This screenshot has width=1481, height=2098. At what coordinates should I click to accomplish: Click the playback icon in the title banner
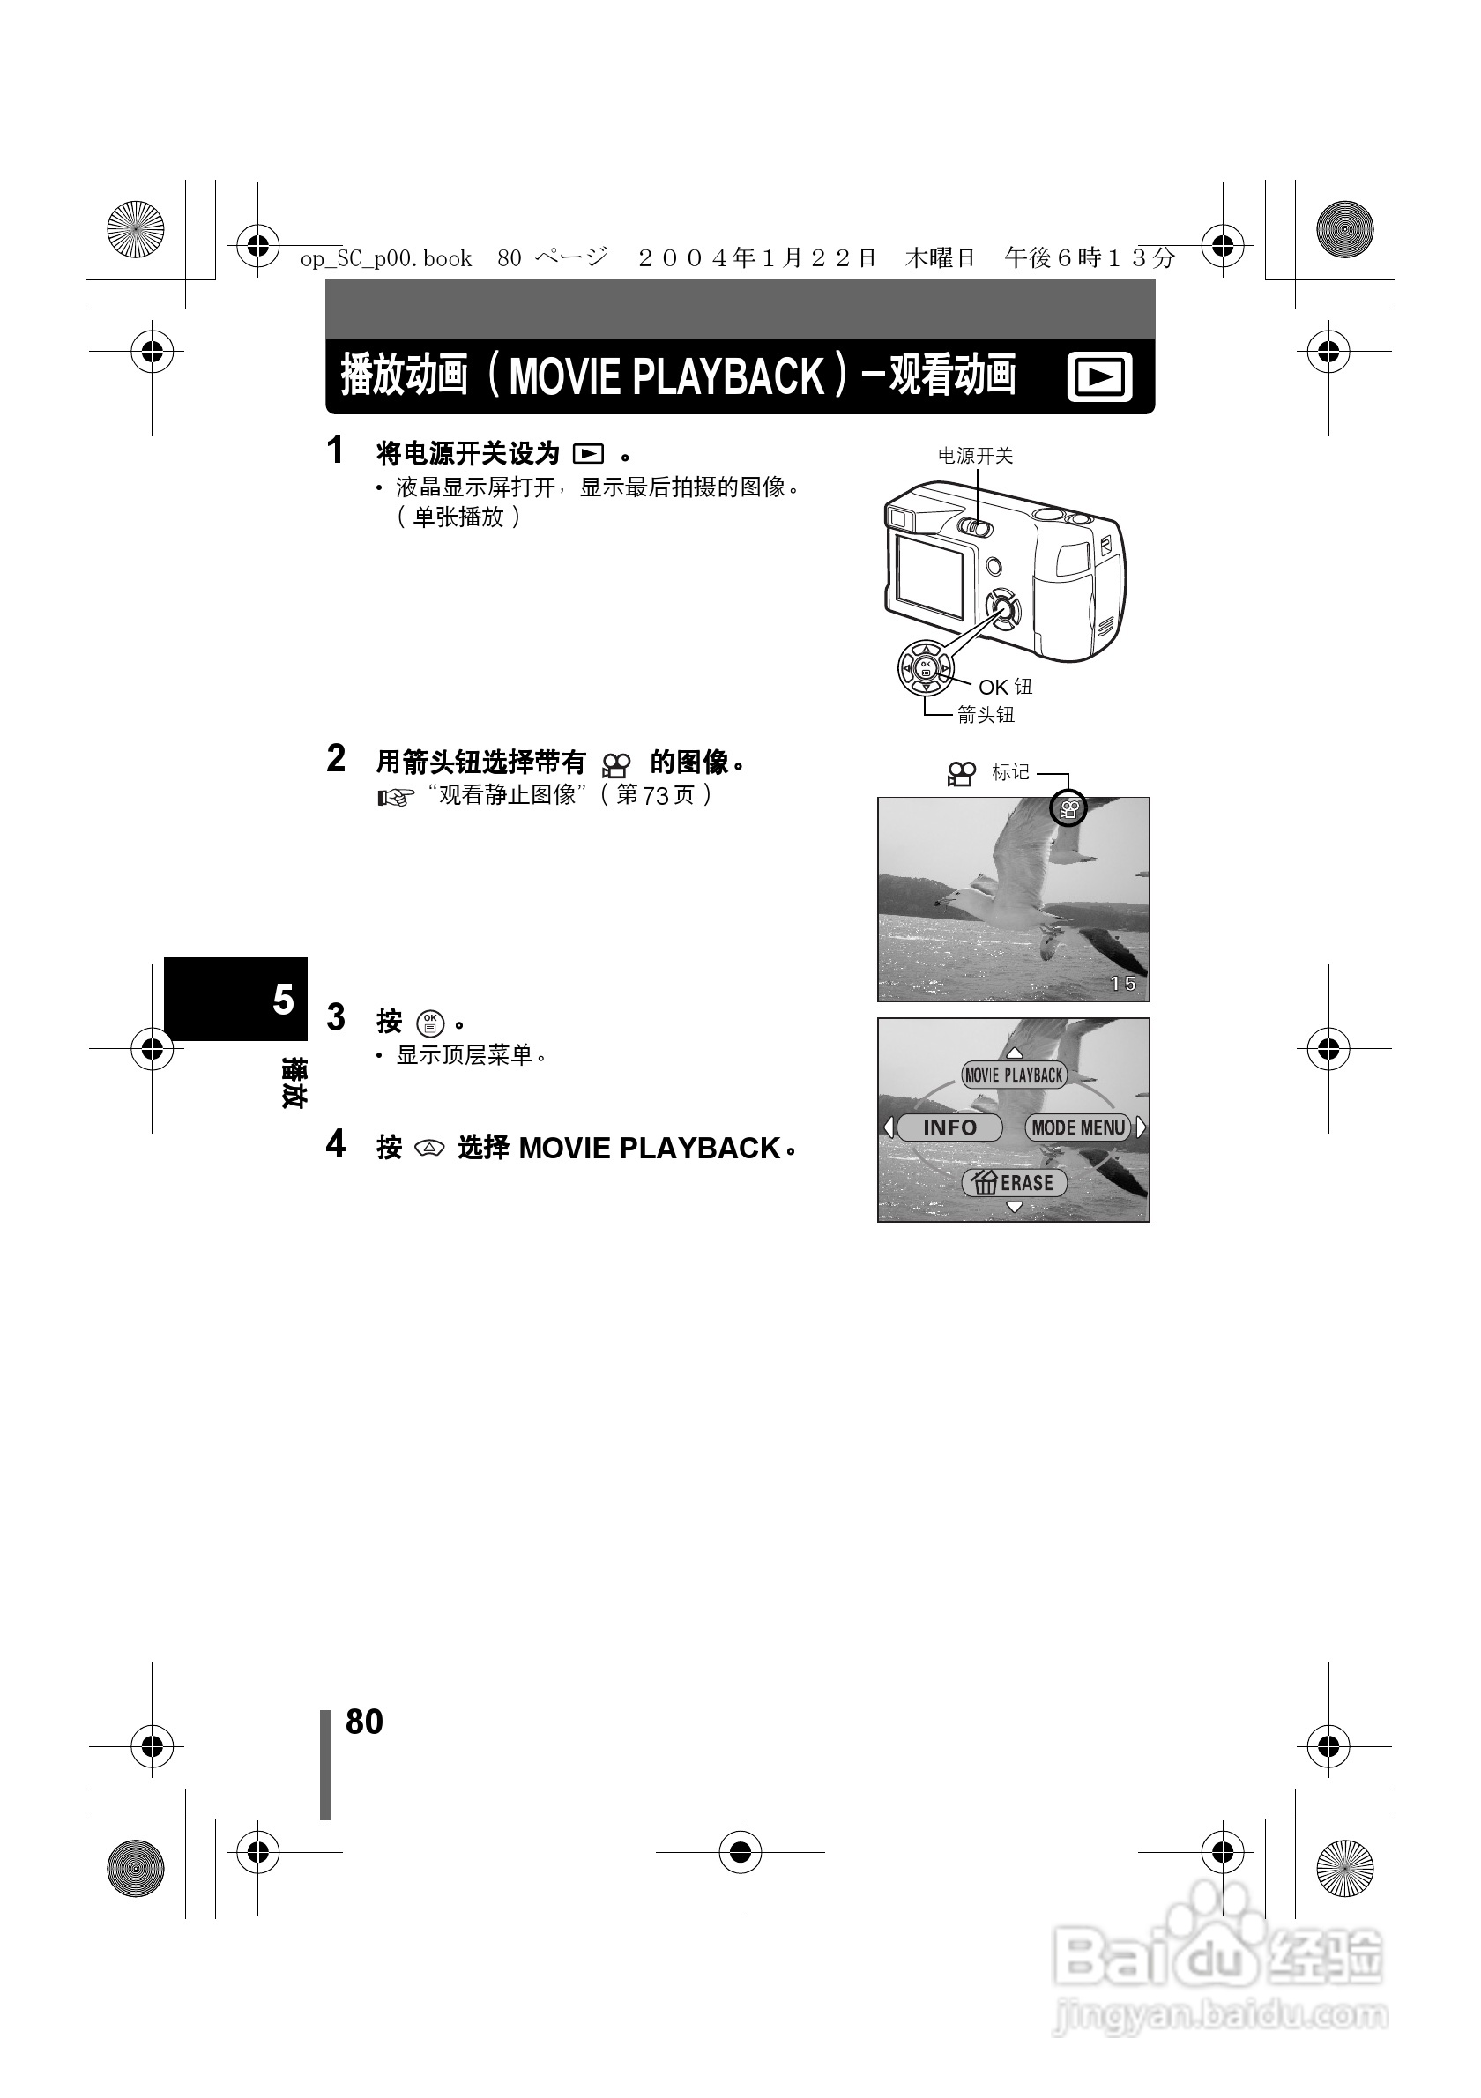pos(1099,376)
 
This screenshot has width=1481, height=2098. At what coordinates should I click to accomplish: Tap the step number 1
pos(336,450)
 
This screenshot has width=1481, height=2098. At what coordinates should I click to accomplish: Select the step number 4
pos(336,1143)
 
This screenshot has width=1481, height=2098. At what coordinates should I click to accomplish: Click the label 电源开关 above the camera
pos(975,455)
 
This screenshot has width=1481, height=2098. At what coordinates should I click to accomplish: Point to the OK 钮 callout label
pos(1005,686)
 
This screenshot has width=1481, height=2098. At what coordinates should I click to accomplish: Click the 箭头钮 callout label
pos(986,715)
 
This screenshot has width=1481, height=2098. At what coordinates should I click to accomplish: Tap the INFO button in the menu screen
pos(949,1127)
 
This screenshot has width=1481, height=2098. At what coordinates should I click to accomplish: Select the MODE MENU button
pos(1078,1127)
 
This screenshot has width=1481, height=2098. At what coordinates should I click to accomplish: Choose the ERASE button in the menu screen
pos(1014,1182)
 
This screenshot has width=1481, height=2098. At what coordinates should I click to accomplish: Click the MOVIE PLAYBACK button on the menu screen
pos(1014,1075)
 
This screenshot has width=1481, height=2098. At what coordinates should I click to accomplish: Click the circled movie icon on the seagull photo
pos(1068,808)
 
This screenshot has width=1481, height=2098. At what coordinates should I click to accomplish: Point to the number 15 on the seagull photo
pos(1123,983)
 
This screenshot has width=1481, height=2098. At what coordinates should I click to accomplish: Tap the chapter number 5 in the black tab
pos(282,1000)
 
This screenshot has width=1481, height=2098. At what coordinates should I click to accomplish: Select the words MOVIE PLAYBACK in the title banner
pos(666,376)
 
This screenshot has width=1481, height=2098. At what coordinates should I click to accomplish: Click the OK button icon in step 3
pos(430,1023)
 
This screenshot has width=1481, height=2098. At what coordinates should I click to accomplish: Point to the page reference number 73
pos(656,796)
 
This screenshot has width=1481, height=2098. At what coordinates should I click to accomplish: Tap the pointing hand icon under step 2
pos(396,799)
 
